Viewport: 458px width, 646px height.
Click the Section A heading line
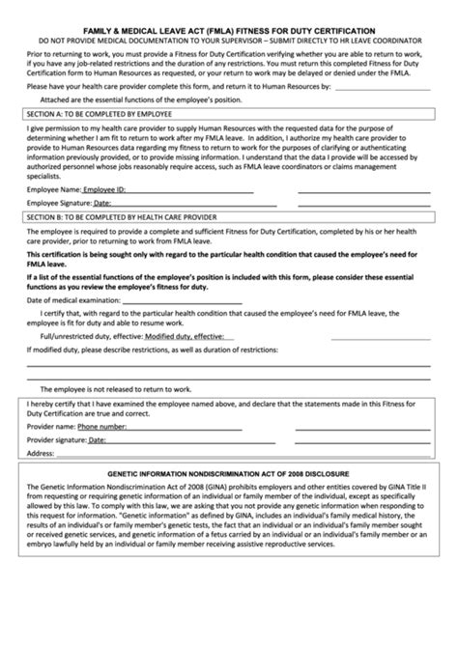click(x=98, y=113)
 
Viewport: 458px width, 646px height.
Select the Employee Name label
click(x=54, y=191)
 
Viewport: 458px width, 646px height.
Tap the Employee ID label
click(x=105, y=191)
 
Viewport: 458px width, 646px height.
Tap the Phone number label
click(x=101, y=425)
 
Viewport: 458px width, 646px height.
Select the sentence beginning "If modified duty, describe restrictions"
click(x=145, y=349)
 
